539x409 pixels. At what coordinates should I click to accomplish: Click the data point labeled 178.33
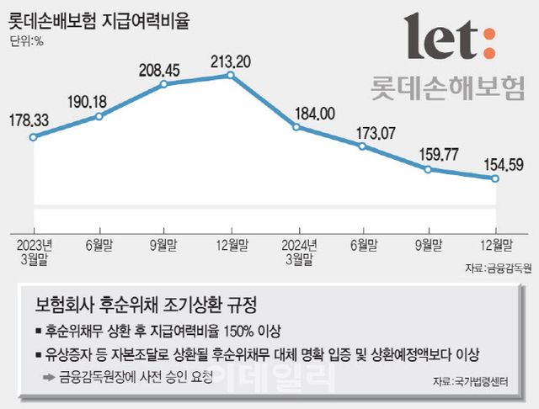(32, 137)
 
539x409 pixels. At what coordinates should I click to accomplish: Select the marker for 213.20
(231, 76)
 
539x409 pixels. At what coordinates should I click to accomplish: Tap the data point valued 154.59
(494, 178)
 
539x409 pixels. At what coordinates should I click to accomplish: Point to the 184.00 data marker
(296, 126)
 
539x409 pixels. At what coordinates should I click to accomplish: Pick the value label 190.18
(99, 102)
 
